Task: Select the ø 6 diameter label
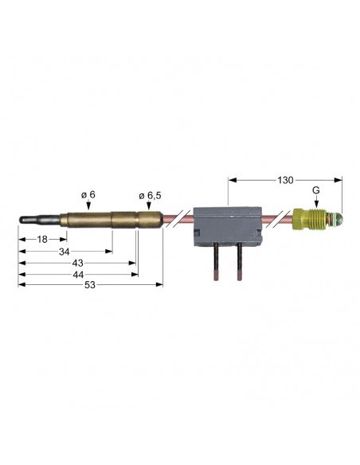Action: click(89, 193)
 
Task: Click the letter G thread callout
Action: click(316, 192)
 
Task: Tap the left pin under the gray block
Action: click(217, 263)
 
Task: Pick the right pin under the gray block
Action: click(239, 263)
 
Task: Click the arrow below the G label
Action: click(316, 203)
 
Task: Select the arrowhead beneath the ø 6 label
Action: click(89, 206)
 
